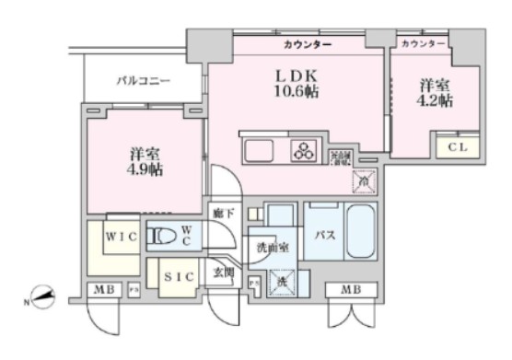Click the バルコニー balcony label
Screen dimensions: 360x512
click(143, 81)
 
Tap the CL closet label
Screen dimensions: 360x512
click(456, 146)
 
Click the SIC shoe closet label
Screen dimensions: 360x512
click(178, 275)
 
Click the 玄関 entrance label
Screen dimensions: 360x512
click(224, 273)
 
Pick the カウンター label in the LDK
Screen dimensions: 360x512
click(308, 43)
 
